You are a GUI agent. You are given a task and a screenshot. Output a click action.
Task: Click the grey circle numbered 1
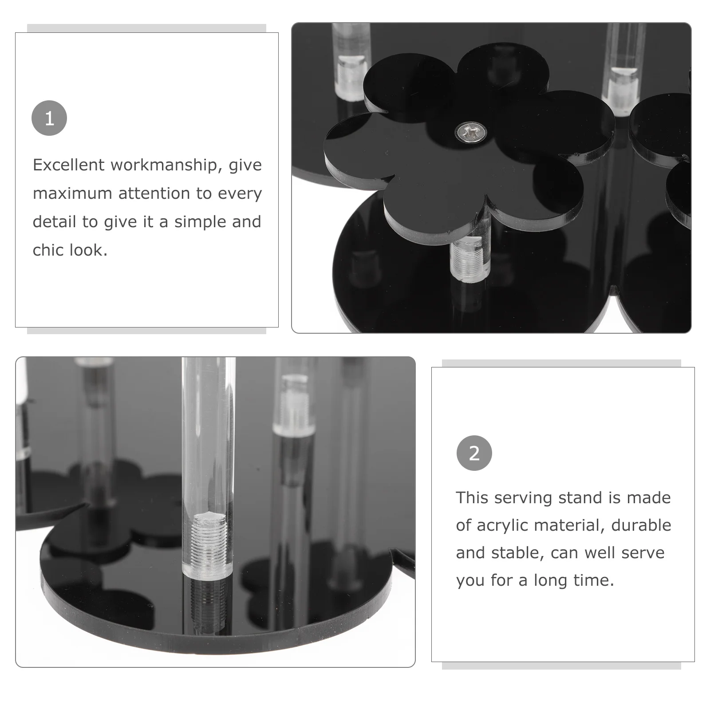49,118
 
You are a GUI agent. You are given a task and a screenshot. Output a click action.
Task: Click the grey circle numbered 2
474,453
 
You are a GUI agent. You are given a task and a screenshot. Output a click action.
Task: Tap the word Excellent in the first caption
69,165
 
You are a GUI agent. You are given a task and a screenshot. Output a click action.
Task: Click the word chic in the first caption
48,250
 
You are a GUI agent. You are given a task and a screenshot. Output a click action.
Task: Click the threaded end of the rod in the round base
207,545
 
